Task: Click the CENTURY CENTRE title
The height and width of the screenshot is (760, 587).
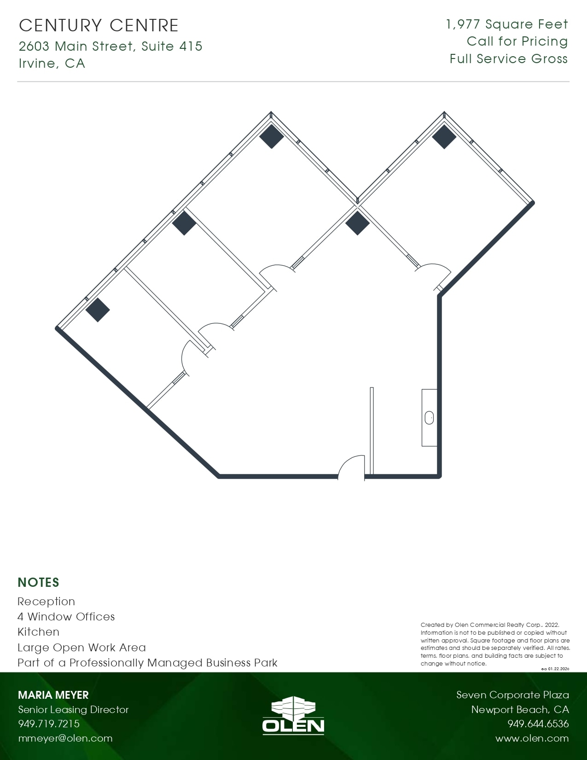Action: coord(99,25)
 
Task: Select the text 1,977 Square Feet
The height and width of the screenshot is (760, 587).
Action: coord(507,24)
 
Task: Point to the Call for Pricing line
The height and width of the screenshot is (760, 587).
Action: coord(517,41)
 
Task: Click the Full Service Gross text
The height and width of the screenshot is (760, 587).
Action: coord(508,59)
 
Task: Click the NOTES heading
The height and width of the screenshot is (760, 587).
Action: coord(38,582)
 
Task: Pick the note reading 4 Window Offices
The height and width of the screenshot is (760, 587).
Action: coord(66,617)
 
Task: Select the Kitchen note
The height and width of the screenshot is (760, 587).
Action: coord(38,632)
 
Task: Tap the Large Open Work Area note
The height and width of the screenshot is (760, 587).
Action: coord(81,648)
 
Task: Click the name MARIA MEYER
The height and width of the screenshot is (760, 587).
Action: coord(53,695)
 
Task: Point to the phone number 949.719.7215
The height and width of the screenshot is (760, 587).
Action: coord(49,724)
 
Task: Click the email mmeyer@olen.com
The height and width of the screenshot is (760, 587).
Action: coord(65,738)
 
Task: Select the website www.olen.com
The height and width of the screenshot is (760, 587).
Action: coord(532,738)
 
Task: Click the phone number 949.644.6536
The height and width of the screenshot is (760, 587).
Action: coord(538,724)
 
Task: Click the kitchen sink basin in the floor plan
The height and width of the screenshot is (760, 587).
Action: coord(429,418)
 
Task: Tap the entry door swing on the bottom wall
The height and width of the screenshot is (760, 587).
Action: coord(352,468)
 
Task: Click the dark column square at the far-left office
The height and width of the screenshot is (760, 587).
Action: coord(98,310)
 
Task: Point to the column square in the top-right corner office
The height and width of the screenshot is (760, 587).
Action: coord(444,136)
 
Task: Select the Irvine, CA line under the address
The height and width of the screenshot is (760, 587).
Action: coord(52,63)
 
